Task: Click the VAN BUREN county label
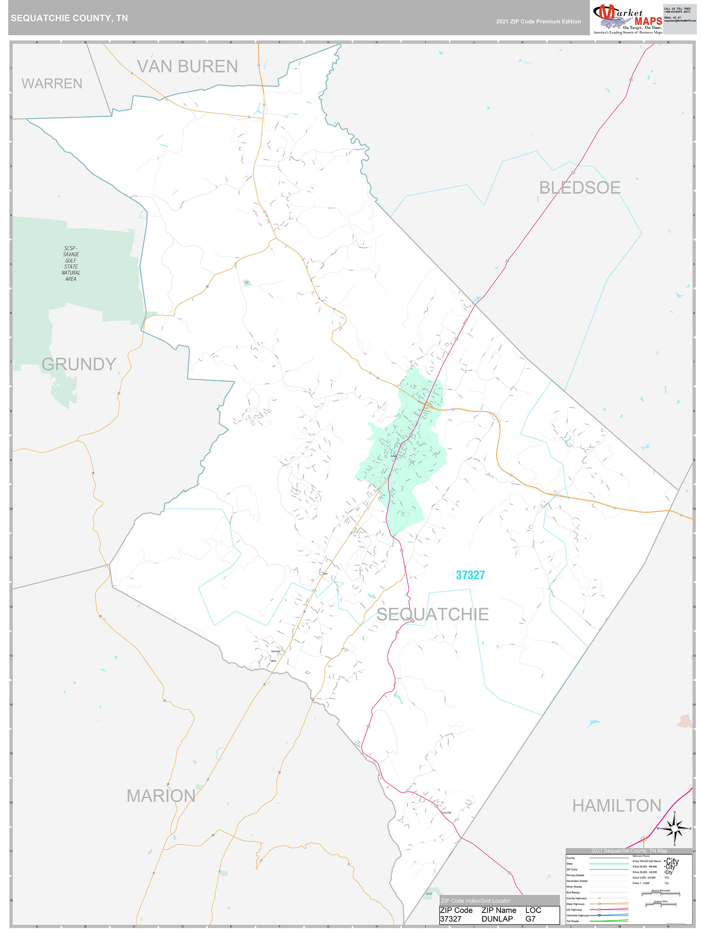(187, 66)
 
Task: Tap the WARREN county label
(52, 84)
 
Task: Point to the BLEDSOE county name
(579, 188)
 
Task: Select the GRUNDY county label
(79, 364)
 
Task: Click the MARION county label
(161, 796)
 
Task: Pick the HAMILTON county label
(617, 805)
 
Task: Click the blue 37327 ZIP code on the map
(470, 575)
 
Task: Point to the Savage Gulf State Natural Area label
(71, 263)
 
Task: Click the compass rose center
(675, 829)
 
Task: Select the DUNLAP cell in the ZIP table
(497, 919)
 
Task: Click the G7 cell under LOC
(530, 919)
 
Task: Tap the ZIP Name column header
(499, 910)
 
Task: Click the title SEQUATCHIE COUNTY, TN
(69, 18)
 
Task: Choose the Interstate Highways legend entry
(577, 915)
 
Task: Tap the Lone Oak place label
(447, 813)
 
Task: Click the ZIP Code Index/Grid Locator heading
(475, 900)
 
